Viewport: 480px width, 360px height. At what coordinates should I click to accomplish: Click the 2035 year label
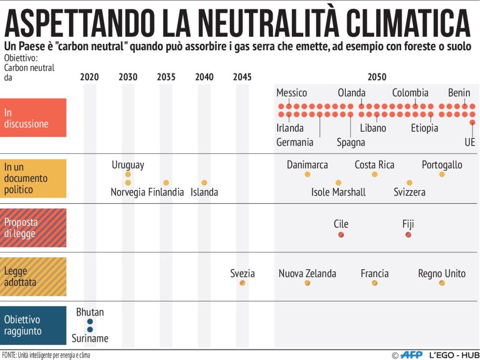tap(166, 77)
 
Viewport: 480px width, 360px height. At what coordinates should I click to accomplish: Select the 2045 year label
tap(242, 77)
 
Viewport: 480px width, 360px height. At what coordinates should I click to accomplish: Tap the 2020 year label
tap(89, 77)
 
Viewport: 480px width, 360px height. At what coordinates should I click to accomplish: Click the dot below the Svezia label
tap(242, 283)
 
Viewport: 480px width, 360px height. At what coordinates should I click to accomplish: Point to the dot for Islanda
tap(204, 183)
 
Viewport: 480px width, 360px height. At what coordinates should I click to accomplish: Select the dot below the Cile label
tap(341, 235)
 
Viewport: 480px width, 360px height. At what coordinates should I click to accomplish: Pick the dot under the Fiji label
tap(409, 235)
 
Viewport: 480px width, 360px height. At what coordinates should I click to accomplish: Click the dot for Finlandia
tap(166, 183)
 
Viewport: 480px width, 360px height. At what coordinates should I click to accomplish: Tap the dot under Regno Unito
tap(442, 283)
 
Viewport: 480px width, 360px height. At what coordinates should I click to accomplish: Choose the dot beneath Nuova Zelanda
tap(307, 283)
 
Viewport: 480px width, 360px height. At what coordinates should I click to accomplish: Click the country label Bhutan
tap(90, 312)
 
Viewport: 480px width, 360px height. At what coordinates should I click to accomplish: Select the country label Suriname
tap(90, 338)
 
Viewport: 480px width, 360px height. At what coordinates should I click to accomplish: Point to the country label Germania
tap(295, 142)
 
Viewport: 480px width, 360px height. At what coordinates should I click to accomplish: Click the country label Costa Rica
tap(374, 165)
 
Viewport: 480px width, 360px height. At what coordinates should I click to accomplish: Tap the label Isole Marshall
tap(338, 192)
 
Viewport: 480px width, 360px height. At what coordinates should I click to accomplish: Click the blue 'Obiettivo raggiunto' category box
tap(33, 325)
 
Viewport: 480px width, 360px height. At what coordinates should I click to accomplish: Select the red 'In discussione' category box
tap(33, 118)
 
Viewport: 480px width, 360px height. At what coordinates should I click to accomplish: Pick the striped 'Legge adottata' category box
tap(33, 277)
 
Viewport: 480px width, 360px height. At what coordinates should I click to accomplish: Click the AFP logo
tap(411, 355)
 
